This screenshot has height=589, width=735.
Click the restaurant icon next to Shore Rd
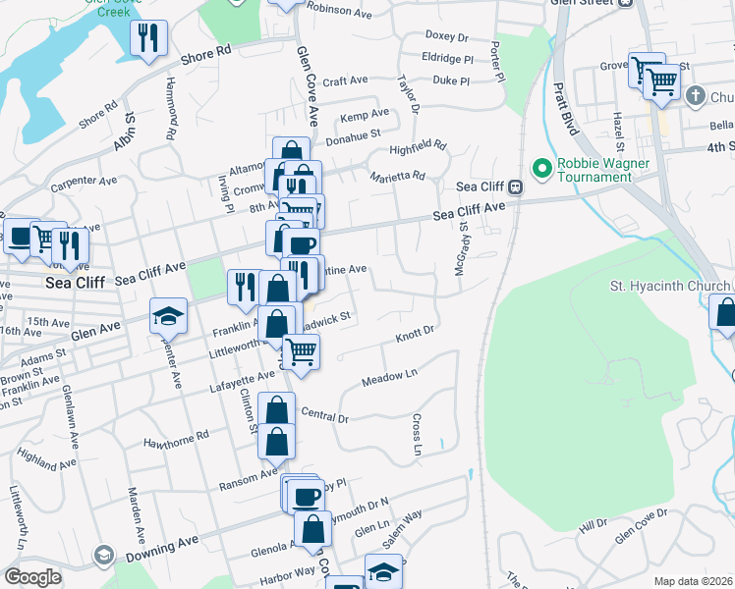[148, 39]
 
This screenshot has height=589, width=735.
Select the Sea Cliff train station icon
[515, 187]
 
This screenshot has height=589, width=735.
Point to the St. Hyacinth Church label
[670, 287]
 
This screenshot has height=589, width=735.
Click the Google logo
[32, 577]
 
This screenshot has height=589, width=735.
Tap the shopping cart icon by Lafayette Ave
[302, 350]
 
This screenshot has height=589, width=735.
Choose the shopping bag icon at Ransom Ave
[277, 442]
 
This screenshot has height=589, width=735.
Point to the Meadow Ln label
[389, 376]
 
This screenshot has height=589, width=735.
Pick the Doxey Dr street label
[447, 35]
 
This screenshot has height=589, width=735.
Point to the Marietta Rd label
[398, 177]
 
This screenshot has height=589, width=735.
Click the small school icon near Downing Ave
[102, 557]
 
